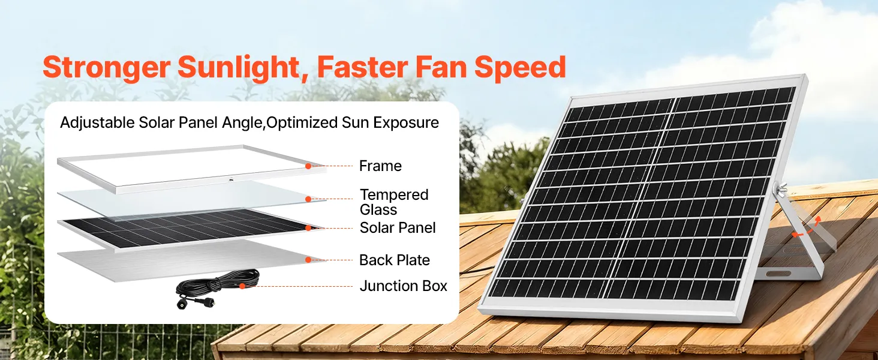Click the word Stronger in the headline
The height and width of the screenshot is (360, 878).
(106, 68)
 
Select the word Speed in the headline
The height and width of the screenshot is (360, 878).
(520, 68)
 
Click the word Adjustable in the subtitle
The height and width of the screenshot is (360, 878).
(97, 123)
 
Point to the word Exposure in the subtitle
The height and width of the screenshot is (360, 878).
(405, 123)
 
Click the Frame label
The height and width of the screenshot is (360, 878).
(380, 166)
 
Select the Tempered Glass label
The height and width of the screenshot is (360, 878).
(394, 202)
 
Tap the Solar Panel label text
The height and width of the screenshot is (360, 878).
(398, 228)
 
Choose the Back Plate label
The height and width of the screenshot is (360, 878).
(394, 260)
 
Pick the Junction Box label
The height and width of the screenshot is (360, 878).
(404, 286)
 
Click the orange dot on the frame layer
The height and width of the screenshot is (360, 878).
(308, 166)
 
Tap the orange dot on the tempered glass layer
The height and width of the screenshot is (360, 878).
(308, 199)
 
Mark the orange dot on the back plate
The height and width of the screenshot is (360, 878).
(308, 260)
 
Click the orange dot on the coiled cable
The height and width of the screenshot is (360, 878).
(242, 286)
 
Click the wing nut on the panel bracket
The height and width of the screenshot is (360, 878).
(780, 188)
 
